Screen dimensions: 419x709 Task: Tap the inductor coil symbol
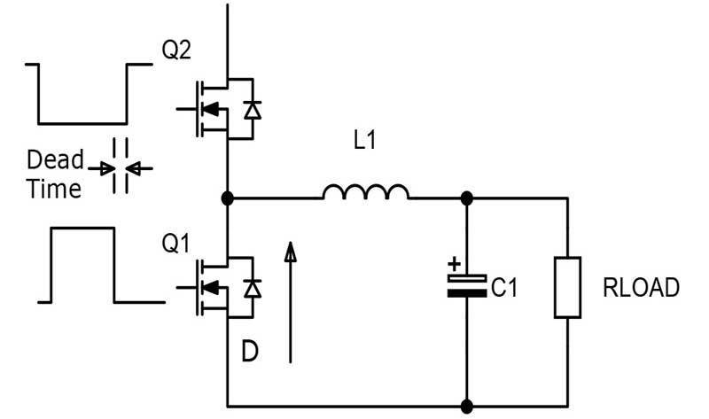365,192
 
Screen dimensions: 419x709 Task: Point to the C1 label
503,287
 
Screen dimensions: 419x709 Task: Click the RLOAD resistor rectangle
567,286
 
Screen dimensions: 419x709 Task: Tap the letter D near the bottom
252,352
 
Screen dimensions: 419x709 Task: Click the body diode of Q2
253,110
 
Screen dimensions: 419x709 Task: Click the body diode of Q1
253,288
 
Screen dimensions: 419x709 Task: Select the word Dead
55,161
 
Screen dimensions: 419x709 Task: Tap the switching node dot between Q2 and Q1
228,198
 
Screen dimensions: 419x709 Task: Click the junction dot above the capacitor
466,198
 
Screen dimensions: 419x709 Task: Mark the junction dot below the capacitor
466,407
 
